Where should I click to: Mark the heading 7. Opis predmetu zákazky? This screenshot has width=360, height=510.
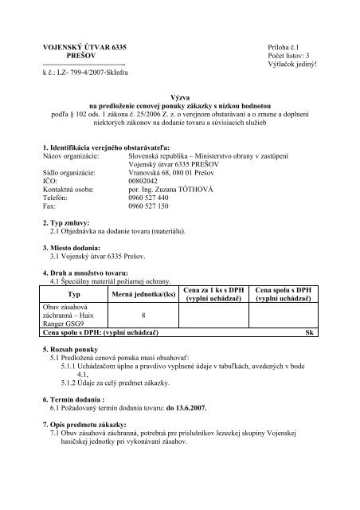pos(92,426)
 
